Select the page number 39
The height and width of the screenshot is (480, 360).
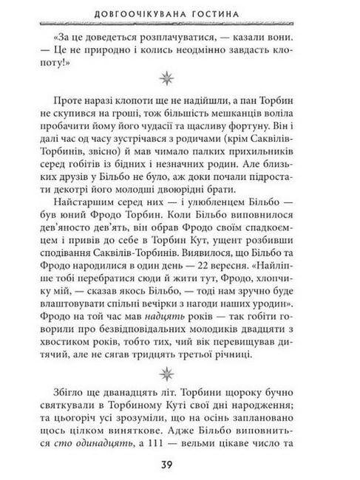[180, 462]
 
